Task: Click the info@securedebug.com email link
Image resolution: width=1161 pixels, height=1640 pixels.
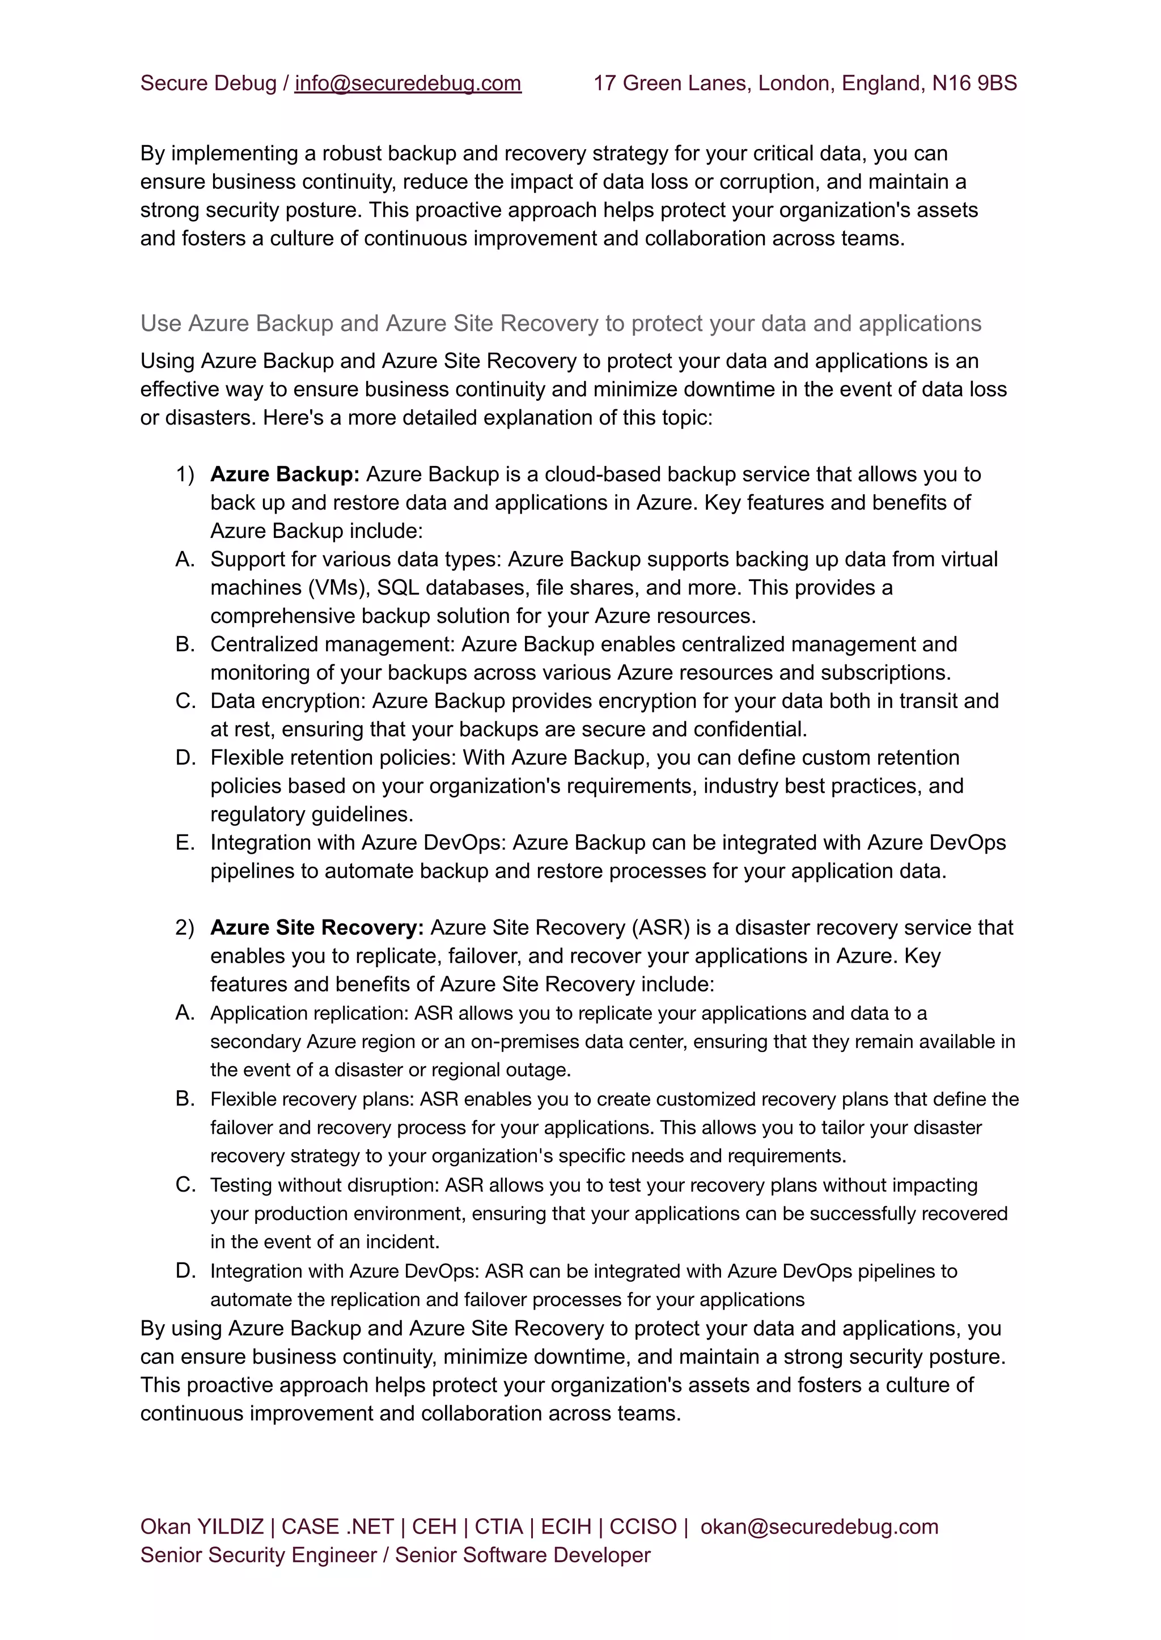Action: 408,84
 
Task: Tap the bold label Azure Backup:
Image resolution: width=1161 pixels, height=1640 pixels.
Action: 285,474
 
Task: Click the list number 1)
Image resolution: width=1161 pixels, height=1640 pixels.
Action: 185,474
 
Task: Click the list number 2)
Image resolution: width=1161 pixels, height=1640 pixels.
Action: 185,928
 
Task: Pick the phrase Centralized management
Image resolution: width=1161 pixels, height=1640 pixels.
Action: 332,645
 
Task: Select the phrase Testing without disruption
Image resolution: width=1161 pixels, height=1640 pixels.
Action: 323,1185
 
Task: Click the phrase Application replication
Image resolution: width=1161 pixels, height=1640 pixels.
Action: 308,1014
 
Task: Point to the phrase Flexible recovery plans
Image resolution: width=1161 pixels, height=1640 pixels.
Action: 311,1100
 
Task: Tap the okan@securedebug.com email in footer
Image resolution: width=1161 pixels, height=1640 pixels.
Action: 819,1527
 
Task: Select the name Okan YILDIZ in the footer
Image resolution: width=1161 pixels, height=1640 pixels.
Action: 202,1527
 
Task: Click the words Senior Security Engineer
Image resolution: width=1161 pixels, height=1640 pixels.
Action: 258,1556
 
